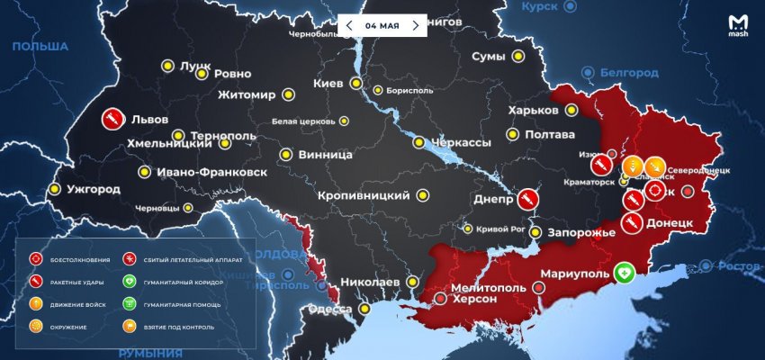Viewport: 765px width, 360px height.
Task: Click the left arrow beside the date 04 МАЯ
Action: click(349, 25)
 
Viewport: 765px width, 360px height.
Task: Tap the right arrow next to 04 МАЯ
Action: click(415, 25)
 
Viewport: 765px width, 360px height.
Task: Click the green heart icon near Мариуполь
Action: click(625, 273)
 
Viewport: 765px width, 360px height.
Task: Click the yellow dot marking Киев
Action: click(356, 84)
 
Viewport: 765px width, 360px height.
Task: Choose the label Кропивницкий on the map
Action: click(364, 195)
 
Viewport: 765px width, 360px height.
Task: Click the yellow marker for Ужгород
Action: click(55, 189)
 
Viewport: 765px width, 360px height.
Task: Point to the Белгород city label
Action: click(626, 71)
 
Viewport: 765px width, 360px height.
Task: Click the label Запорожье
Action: click(581, 232)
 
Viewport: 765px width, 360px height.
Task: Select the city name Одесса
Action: click(329, 310)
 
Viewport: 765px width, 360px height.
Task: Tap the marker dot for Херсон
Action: click(439, 298)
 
